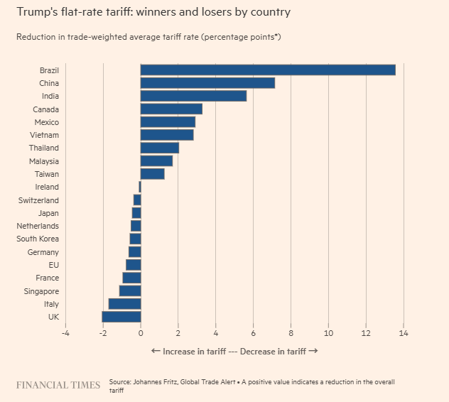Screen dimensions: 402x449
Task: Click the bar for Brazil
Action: [x=268, y=70]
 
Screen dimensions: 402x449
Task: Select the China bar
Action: [x=207, y=83]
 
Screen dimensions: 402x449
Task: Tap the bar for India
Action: [x=193, y=96]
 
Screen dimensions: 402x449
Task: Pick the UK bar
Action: [x=121, y=317]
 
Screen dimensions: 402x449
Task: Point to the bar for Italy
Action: [x=125, y=304]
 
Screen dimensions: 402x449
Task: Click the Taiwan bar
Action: [x=153, y=174]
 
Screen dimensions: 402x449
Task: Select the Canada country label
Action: [x=45, y=109]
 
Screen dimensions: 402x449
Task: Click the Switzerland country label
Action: [x=38, y=200]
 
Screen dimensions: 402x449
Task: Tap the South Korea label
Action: [x=38, y=239]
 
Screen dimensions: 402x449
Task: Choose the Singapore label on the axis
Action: [x=40, y=291]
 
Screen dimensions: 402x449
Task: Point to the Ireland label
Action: [x=47, y=187]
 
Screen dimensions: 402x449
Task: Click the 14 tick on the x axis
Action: [x=404, y=333]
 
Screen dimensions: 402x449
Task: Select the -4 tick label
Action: [x=65, y=333]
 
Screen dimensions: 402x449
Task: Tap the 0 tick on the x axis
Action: [x=141, y=333]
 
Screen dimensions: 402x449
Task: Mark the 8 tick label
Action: [x=291, y=333]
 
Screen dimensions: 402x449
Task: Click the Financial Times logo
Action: [x=58, y=385]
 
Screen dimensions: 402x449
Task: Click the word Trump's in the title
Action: [x=36, y=12]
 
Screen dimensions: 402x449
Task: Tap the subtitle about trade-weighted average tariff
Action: [x=148, y=36]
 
